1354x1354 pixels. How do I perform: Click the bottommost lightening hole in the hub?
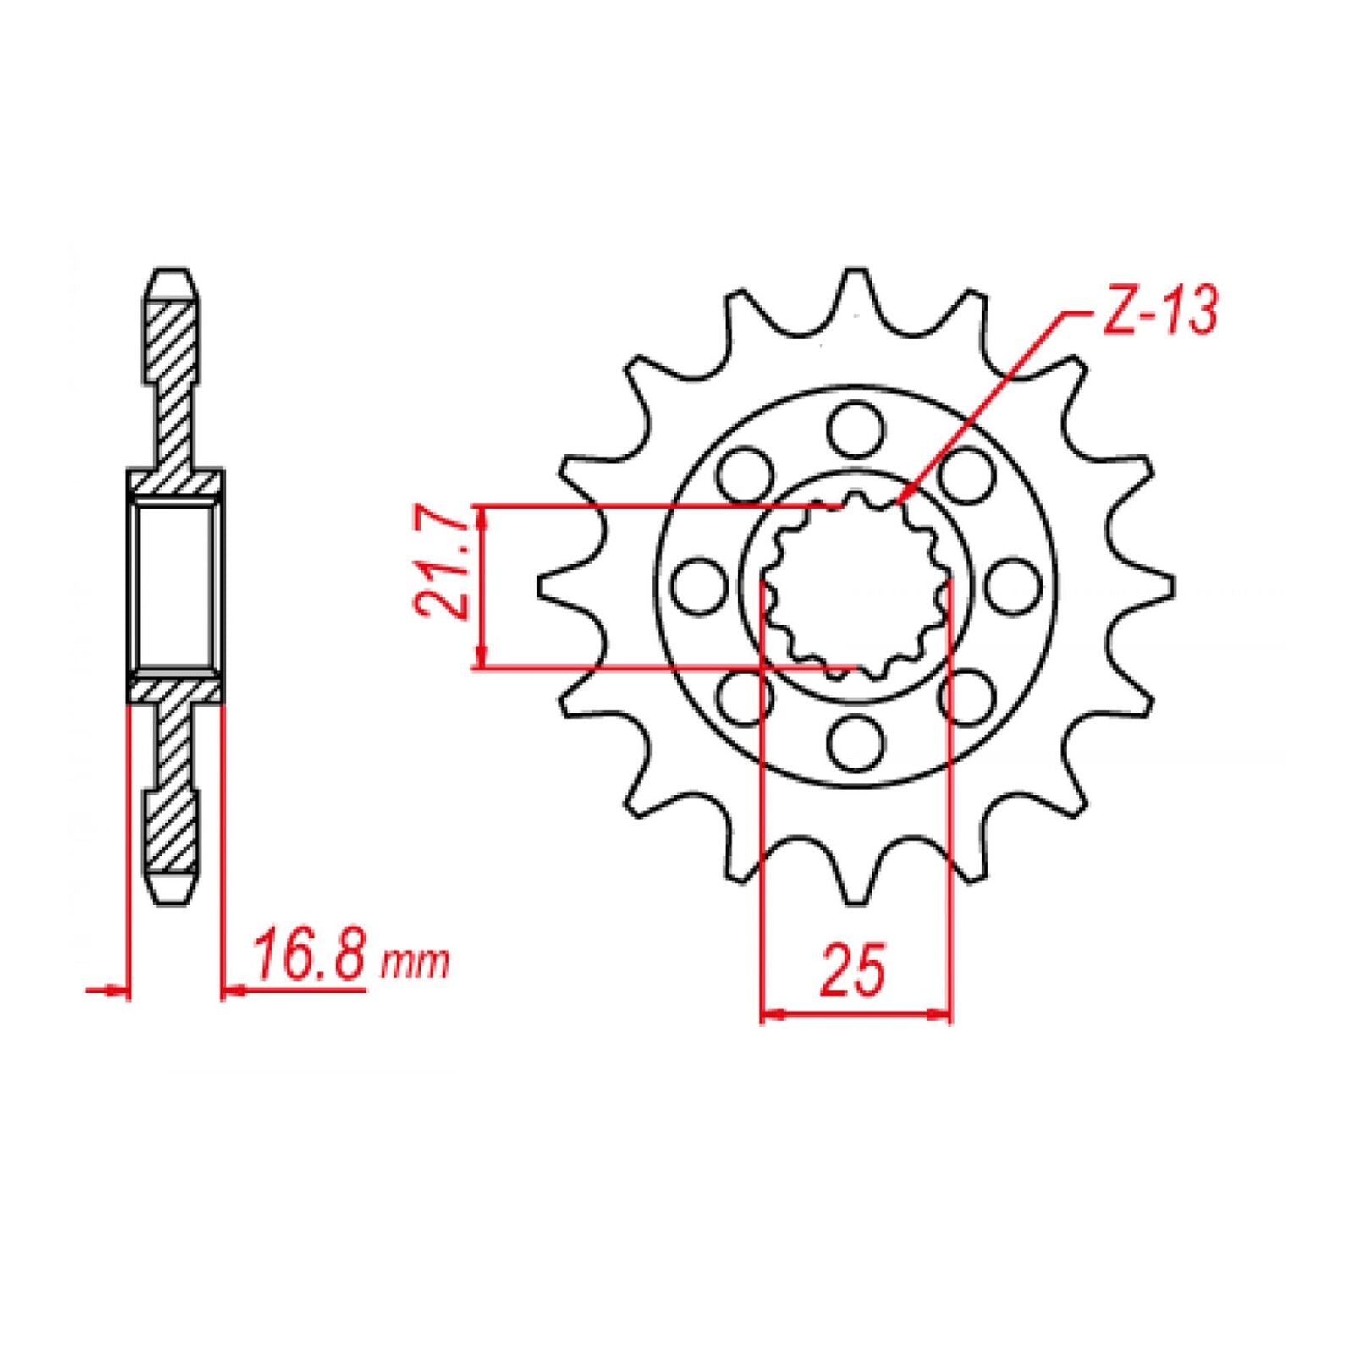tap(856, 741)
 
